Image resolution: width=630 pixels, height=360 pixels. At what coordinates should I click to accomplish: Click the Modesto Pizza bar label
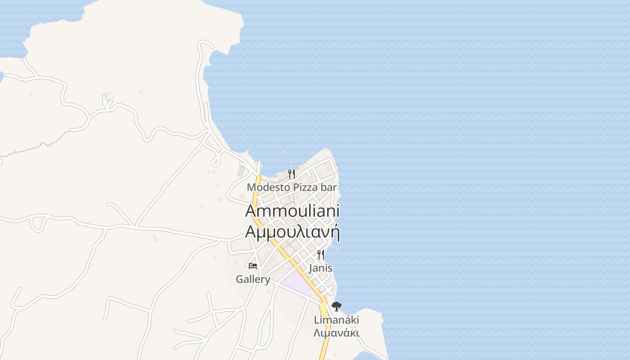[x=292, y=187]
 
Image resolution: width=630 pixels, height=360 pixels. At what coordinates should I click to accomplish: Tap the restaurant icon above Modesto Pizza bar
[x=292, y=174]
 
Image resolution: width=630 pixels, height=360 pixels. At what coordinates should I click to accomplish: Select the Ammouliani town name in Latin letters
[x=292, y=211]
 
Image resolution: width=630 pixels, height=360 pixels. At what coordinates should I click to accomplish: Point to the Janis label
[x=321, y=268]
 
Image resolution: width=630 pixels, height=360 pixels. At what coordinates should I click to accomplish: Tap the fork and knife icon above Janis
[x=321, y=255]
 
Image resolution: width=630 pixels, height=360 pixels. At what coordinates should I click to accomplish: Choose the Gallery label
[x=253, y=279]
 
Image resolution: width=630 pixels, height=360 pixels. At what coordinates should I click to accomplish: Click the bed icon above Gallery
[x=253, y=266]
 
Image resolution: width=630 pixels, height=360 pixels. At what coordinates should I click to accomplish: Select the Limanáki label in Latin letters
[x=337, y=320]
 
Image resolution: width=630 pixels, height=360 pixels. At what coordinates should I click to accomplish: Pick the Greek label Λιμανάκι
[x=337, y=333]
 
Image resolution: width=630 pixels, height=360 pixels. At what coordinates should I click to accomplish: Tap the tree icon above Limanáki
[x=337, y=306]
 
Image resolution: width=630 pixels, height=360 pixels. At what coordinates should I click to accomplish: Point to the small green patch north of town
[x=241, y=171]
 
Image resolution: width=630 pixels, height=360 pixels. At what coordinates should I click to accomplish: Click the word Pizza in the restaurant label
[x=306, y=187]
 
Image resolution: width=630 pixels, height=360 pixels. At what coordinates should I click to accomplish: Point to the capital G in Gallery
[x=239, y=279]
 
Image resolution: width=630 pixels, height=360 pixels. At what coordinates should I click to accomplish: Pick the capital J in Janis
[x=311, y=268]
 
